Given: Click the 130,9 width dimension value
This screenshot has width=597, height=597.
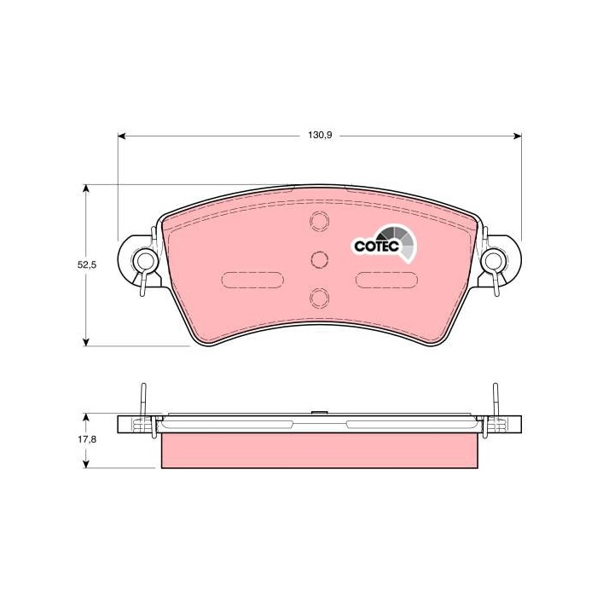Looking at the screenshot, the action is click(320, 135).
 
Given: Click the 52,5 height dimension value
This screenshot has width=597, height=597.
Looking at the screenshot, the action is click(87, 265).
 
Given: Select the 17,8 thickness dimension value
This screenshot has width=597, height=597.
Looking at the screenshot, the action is click(87, 439).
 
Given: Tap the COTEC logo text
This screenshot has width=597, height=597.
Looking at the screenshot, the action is click(376, 246).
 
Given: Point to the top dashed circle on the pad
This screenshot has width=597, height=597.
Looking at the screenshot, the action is click(319, 221).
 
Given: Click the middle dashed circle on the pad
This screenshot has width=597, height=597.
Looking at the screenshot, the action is click(319, 259).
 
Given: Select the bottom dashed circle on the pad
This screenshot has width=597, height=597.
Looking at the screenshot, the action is click(319, 298).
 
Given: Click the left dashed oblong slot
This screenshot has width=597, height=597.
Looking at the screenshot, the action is click(252, 281).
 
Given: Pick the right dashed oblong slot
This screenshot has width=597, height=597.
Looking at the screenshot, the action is click(386, 281).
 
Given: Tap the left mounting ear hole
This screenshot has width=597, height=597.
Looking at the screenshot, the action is click(144, 261).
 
